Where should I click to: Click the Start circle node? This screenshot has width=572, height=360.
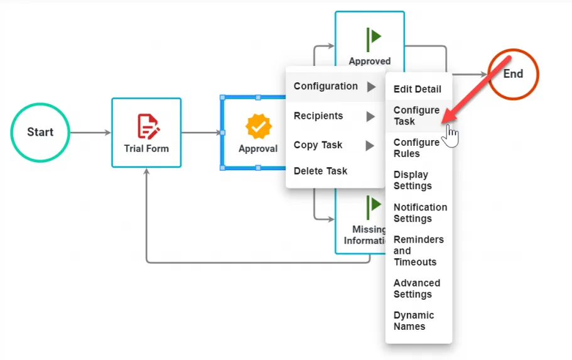coord(40,132)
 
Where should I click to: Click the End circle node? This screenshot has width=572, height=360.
coord(513,74)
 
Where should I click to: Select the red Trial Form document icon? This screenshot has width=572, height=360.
coord(148,126)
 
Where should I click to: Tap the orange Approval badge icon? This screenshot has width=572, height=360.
coord(258,126)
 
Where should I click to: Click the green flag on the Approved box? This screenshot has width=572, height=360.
coord(374,40)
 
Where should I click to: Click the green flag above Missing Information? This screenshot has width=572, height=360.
coord(374,207)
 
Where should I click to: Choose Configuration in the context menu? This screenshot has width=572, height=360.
coord(326,86)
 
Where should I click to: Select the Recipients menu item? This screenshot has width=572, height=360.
coord(318,116)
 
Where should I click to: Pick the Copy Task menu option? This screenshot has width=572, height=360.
coord(318,145)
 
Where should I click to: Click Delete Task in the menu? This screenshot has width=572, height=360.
coord(320,171)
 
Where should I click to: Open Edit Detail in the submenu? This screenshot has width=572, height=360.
coord(418,89)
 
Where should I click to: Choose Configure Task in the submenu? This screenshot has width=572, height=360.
coord(416,116)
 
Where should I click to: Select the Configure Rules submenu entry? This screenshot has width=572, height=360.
coord(416,148)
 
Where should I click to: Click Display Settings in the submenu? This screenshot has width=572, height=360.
coord(413,180)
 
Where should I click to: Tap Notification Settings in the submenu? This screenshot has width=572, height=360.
coord(420,212)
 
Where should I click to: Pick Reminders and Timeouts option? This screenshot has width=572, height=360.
coord(418,251)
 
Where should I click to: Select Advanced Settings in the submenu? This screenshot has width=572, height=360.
coord(416,288)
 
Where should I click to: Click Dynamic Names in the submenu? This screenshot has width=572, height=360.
coord(414,320)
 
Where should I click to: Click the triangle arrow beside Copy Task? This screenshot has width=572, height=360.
coord(370,146)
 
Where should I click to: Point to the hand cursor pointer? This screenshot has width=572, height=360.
coord(450,136)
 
